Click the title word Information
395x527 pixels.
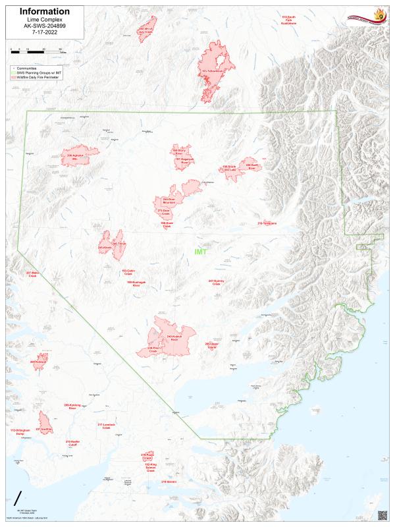pyautogui.click(x=45, y=11)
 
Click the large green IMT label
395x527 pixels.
pyautogui.click(x=201, y=252)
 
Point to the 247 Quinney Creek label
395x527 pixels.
pyautogui.click(x=216, y=282)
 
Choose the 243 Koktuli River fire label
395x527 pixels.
pyautogui.click(x=174, y=338)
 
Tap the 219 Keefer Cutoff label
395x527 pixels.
pyautogui.click(x=72, y=443)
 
